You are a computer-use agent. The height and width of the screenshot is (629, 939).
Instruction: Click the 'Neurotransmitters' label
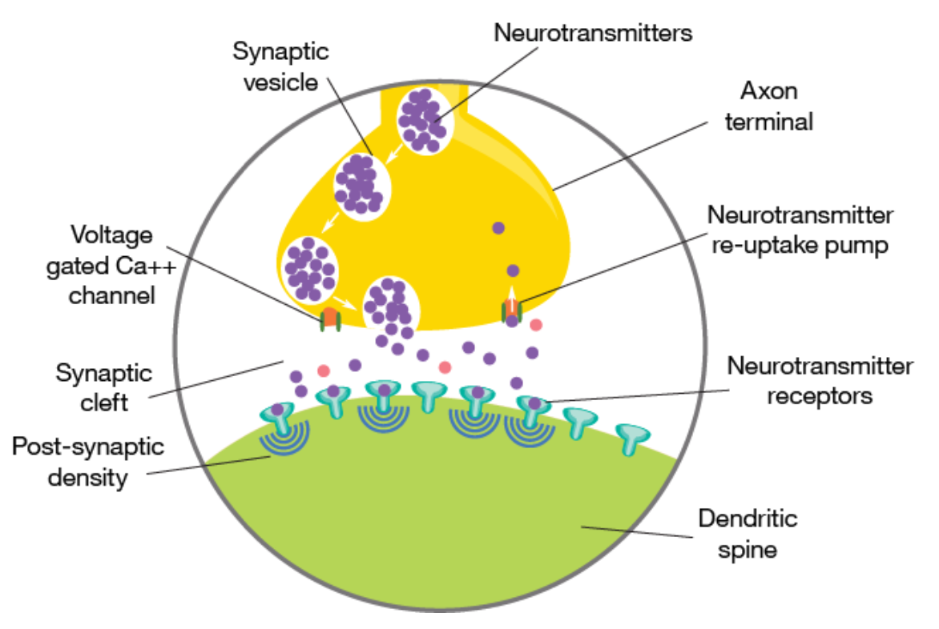[593, 33]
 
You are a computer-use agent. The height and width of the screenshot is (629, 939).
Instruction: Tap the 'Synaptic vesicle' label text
[280, 66]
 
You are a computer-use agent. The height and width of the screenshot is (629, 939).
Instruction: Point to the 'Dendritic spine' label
[748, 534]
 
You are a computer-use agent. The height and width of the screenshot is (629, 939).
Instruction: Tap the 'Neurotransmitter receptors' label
[819, 380]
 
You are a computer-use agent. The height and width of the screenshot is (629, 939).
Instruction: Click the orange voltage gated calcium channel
[329, 316]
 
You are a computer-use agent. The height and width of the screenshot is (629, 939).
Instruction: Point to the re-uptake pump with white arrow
[510, 306]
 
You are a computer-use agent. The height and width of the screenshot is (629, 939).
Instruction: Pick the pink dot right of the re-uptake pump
[535, 325]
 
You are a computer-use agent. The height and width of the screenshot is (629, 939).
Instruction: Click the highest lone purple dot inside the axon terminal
[498, 228]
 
